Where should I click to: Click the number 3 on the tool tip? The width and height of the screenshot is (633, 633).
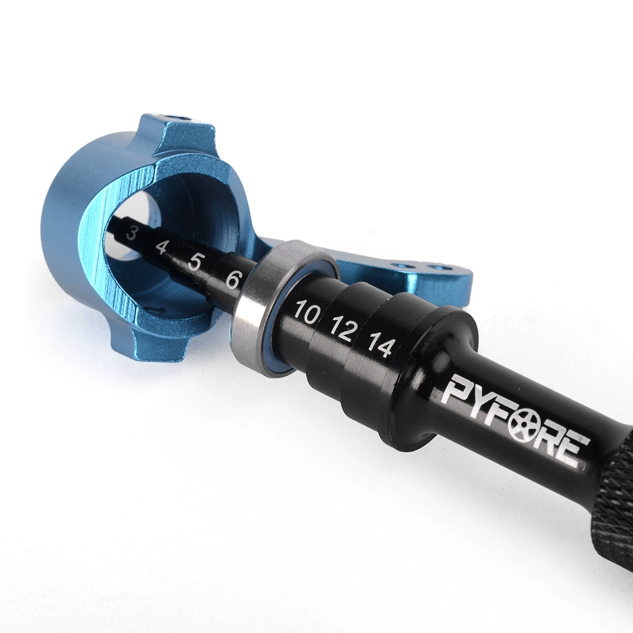(x=131, y=234)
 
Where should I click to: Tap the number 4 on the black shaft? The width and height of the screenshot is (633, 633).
(x=161, y=247)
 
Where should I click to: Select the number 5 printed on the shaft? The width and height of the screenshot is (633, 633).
(x=194, y=263)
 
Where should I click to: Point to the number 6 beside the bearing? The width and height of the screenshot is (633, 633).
(x=233, y=279)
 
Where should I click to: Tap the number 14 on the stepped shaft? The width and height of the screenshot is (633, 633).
(x=380, y=345)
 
